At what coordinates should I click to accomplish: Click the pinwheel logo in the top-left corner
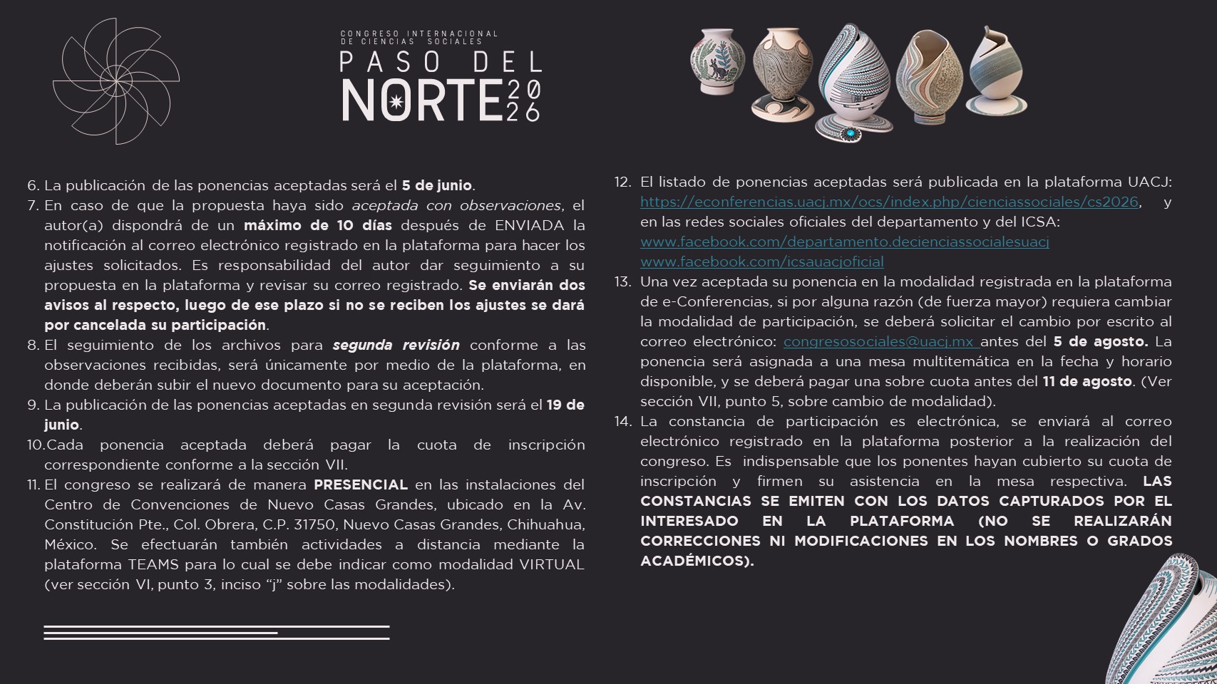(x=115, y=81)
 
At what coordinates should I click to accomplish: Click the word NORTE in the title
(x=422, y=100)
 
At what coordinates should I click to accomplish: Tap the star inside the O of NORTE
(x=396, y=101)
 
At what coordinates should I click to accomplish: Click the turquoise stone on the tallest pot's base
(x=850, y=133)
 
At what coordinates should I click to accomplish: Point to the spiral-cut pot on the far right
(x=997, y=73)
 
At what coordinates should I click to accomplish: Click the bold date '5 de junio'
(x=436, y=185)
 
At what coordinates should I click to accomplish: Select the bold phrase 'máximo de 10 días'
(x=317, y=225)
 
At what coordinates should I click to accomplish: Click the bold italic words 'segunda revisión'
(x=396, y=345)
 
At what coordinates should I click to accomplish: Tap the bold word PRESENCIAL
(x=361, y=484)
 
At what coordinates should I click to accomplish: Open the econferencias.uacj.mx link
(x=889, y=202)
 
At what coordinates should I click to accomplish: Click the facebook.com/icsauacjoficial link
(x=761, y=261)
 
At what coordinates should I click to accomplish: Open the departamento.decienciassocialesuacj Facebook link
(x=844, y=242)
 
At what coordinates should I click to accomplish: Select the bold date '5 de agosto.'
(x=1100, y=341)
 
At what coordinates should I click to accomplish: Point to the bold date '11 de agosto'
(x=1087, y=381)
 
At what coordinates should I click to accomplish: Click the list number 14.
(x=622, y=421)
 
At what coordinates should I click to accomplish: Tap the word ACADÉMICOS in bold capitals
(x=696, y=561)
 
